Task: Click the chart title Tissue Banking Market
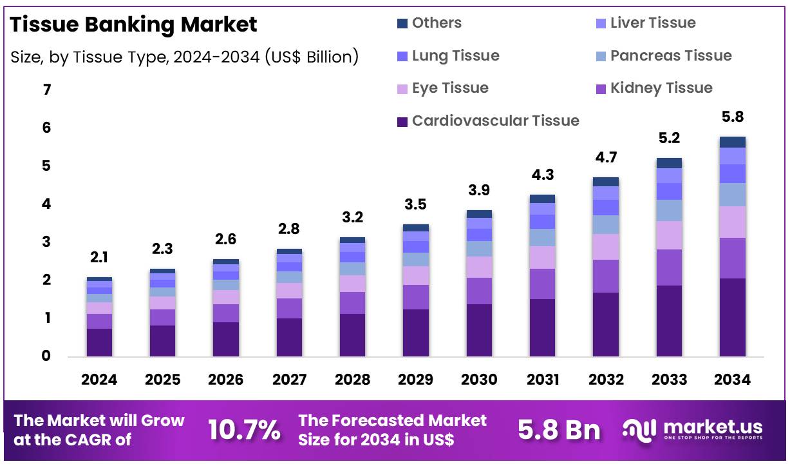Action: (134, 24)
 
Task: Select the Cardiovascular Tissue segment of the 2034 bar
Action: (732, 317)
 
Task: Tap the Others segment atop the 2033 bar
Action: (669, 163)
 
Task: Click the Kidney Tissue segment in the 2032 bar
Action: (605, 276)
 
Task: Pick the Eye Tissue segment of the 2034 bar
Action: (732, 222)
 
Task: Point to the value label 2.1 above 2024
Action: (99, 258)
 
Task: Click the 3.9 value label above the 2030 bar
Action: (479, 190)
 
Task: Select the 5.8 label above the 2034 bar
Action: (732, 117)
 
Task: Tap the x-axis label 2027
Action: (289, 379)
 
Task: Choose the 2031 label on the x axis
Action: (542, 379)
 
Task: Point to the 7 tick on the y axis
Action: (46, 90)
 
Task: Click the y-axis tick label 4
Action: (46, 204)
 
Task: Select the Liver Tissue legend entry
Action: (652, 23)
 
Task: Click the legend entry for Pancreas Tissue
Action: (670, 55)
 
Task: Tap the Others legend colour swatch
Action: (402, 24)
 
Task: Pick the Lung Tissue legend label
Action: (455, 55)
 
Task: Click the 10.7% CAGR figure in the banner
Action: (244, 430)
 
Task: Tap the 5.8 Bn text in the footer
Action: (559, 430)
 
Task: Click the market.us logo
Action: (693, 429)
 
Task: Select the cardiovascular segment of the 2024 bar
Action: (99, 342)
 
